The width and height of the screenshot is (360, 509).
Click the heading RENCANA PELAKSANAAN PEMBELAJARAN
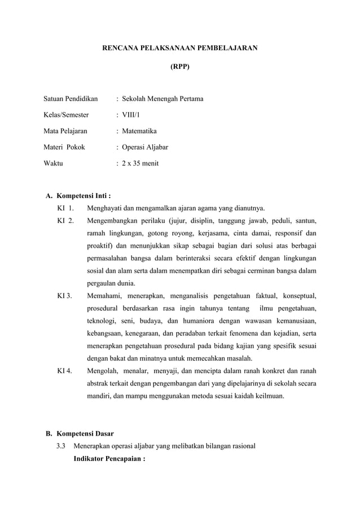[x=179, y=49]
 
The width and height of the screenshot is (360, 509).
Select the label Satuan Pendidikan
[x=71, y=99]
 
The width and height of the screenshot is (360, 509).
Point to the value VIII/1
[x=133, y=115]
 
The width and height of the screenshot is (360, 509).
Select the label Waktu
[x=54, y=164]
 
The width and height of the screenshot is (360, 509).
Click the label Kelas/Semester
[x=66, y=115]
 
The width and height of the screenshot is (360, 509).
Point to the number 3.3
[x=62, y=446]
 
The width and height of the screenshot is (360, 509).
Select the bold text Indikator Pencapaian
[x=109, y=459]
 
